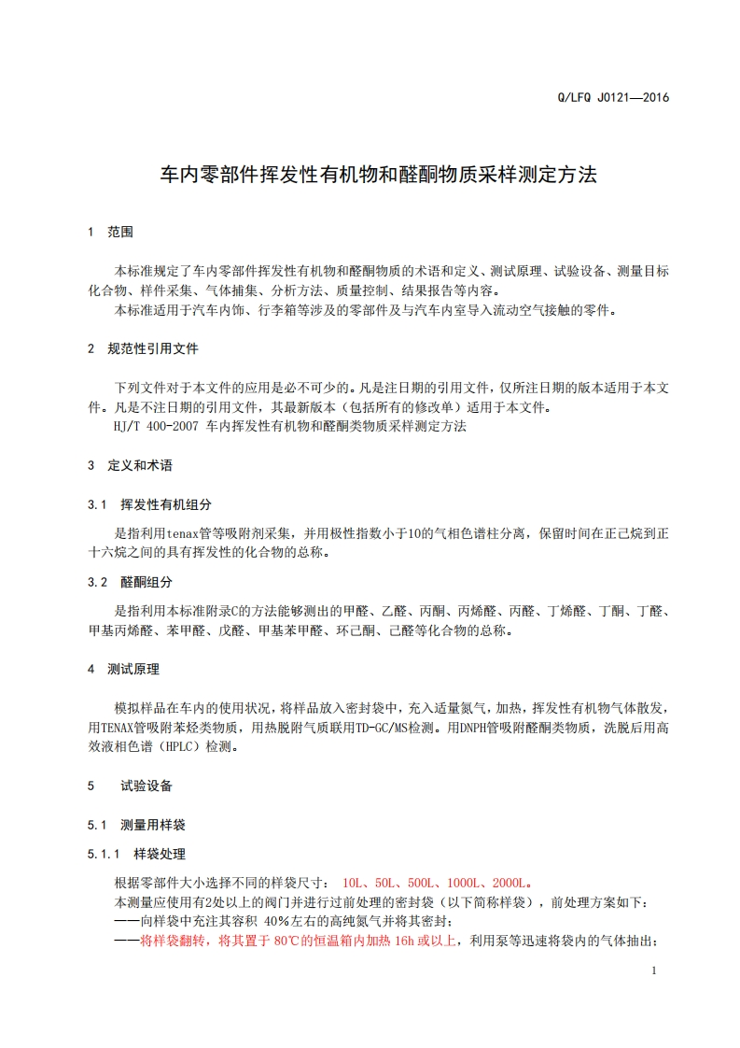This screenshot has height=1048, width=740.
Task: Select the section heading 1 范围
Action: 111,232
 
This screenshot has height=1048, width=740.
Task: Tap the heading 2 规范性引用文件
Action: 142,348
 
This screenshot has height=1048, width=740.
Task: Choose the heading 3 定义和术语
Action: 130,465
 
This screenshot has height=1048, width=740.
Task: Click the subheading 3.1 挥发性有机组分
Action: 149,504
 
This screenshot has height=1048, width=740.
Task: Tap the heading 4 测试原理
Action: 123,669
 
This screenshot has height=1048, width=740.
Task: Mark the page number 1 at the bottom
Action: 655,970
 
